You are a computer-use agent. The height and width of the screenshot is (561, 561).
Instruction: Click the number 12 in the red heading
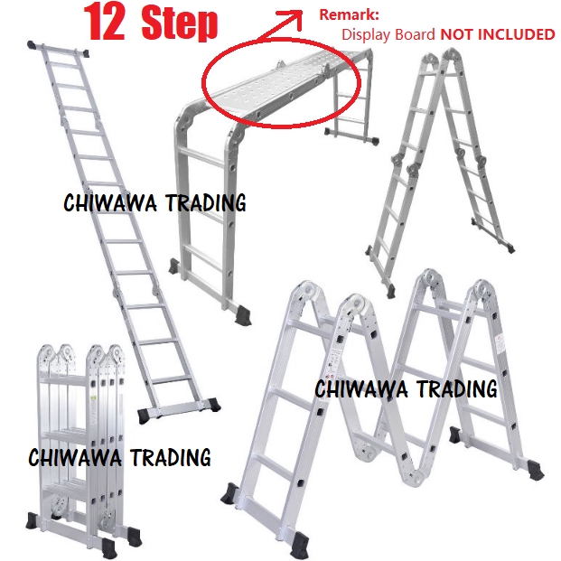tap(104, 23)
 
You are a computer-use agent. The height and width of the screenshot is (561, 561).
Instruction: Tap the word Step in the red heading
tap(180, 23)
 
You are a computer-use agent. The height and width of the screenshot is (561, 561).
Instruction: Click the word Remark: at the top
tap(349, 14)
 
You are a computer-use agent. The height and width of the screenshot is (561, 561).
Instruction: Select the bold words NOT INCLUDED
tap(498, 34)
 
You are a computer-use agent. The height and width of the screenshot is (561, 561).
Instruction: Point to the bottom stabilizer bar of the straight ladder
tap(179, 408)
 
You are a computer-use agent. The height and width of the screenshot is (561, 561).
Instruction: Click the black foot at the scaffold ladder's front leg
tap(243, 315)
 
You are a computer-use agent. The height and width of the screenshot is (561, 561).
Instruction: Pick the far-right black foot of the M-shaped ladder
tap(535, 469)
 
